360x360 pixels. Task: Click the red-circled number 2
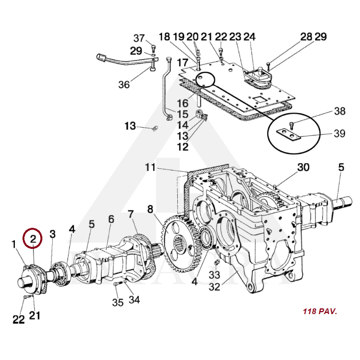click(x=33, y=239)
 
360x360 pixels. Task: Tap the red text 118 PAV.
click(x=320, y=311)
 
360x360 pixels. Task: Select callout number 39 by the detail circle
click(x=339, y=133)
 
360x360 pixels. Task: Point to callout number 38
click(x=340, y=111)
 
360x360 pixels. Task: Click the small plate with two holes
click(x=288, y=135)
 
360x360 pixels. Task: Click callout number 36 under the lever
click(x=124, y=85)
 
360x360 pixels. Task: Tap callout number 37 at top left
click(x=139, y=38)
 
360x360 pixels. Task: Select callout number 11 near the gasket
click(x=150, y=167)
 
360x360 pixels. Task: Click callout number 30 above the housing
click(x=303, y=167)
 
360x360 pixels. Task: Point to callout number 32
click(x=215, y=287)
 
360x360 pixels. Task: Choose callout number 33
click(x=215, y=275)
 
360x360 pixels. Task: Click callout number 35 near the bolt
click(x=118, y=302)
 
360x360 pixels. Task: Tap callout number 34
click(x=134, y=300)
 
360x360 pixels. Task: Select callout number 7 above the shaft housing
click(x=130, y=214)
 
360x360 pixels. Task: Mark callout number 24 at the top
click(x=249, y=37)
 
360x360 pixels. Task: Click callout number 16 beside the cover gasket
click(x=183, y=103)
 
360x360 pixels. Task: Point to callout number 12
click(x=183, y=147)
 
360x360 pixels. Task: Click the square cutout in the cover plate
click(x=259, y=99)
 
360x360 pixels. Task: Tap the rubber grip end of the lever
click(x=100, y=57)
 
